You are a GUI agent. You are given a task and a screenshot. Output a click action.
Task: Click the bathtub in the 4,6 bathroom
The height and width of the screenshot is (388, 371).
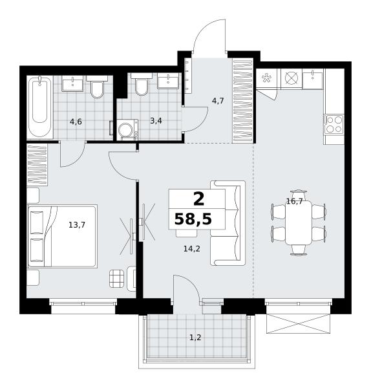(40, 107)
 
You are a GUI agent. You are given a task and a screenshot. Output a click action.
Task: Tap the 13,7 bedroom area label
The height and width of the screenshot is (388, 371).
(77, 225)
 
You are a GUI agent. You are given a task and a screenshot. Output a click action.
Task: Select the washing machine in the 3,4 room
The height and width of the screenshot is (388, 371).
(127, 130)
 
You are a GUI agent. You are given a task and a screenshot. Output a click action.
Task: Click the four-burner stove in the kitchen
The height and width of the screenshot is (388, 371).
(334, 124)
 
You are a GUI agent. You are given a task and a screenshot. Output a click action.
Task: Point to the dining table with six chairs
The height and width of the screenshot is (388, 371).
(299, 222)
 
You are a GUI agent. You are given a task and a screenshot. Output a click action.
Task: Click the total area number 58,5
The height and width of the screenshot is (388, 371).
(193, 219)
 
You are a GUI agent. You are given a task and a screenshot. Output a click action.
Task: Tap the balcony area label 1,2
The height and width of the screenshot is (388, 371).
(195, 338)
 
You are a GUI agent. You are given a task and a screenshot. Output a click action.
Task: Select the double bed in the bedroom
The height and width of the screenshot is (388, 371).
(62, 236)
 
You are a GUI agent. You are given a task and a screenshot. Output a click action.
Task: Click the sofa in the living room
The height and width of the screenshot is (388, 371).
(228, 223)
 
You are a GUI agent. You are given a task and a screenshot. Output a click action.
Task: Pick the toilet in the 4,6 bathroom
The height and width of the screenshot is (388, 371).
(97, 87)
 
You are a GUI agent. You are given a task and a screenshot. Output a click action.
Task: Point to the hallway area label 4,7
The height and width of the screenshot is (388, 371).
(218, 101)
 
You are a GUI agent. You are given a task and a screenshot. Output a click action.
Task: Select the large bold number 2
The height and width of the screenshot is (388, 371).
(199, 199)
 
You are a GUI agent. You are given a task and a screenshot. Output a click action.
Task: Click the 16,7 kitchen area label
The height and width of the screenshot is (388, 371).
(294, 202)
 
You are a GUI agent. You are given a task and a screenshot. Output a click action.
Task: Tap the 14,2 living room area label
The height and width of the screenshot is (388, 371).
(192, 249)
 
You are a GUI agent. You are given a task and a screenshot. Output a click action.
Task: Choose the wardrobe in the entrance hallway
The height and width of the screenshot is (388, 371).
(243, 101)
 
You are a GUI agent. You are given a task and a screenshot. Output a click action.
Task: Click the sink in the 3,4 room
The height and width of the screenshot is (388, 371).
(168, 81)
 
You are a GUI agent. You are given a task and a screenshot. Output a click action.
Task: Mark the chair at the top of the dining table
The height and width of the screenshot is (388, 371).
(299, 194)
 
